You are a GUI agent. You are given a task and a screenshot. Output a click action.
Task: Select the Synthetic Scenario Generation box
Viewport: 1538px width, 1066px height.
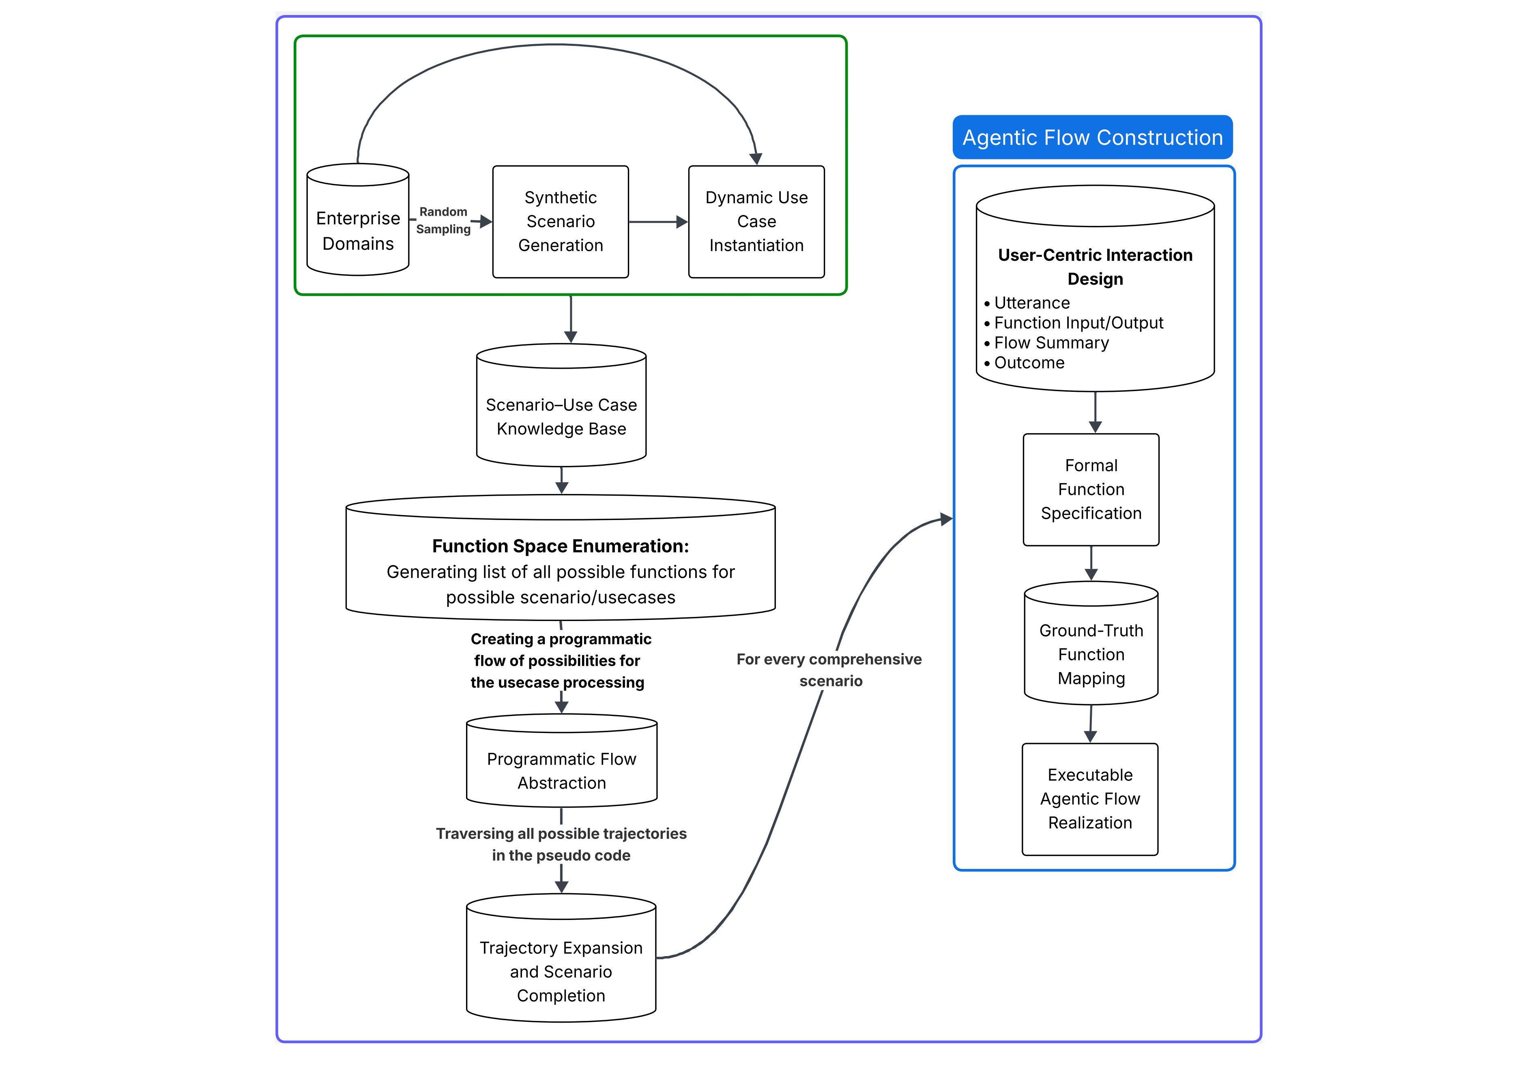[560, 222]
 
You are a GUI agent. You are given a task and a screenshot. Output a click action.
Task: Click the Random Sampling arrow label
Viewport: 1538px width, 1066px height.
[443, 220]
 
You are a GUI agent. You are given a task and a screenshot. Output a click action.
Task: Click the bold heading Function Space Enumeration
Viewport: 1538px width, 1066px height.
[560, 546]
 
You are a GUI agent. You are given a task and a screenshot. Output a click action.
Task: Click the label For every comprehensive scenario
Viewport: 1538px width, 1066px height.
[829, 670]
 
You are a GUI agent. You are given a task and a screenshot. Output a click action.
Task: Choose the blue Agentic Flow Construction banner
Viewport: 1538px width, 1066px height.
[1093, 138]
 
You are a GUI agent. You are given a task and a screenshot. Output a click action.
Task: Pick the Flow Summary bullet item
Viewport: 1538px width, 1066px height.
[1051, 343]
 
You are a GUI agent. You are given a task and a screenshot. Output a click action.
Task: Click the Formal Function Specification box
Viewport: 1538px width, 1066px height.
[1091, 490]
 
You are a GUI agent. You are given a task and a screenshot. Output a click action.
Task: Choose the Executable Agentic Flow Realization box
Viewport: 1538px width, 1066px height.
[1090, 799]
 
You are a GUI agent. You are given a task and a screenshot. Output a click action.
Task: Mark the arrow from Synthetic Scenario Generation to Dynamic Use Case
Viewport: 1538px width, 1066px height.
[658, 222]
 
